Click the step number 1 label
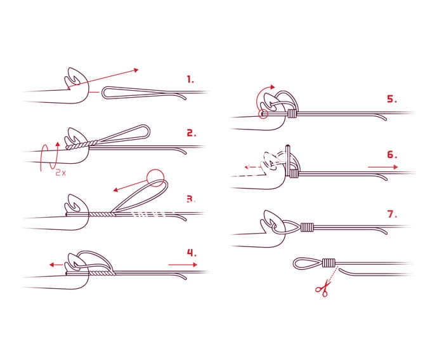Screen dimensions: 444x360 click(190, 79)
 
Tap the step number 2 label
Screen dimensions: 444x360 click(192, 133)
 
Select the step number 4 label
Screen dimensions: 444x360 click(192, 253)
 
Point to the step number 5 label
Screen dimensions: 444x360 click(392, 99)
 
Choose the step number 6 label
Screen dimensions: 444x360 click(392, 155)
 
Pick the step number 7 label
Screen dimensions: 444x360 click(392, 214)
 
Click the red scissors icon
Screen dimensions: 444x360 click(323, 288)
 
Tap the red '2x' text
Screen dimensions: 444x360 click(61, 172)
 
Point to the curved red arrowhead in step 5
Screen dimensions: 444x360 click(272, 87)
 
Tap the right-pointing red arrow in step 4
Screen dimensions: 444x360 click(183, 265)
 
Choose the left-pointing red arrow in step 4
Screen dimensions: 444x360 click(56, 265)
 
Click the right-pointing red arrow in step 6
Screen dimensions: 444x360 click(383, 167)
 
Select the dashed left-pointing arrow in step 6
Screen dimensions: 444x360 click(254, 167)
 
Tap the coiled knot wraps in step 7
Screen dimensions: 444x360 click(307, 227)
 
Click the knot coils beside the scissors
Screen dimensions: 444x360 click(329, 263)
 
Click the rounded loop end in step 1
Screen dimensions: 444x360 click(102, 93)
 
